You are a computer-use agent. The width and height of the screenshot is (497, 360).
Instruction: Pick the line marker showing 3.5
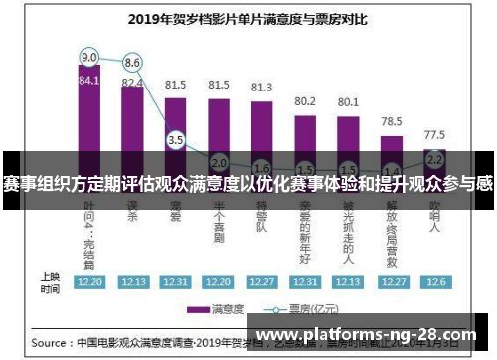click(x=176, y=140)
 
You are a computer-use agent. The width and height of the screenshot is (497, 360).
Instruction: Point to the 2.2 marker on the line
click(x=434, y=158)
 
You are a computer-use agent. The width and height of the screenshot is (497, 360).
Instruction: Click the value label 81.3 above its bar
click(x=262, y=88)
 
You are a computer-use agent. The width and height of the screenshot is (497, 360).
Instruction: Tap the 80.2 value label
click(x=305, y=101)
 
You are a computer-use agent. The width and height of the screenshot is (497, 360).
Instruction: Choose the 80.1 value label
click(x=349, y=101)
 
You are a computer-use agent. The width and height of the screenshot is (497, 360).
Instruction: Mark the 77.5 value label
click(x=434, y=133)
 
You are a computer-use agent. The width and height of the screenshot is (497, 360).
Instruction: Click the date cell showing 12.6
click(x=434, y=282)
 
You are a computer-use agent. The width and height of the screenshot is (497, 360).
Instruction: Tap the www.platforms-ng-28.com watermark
click(x=367, y=335)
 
